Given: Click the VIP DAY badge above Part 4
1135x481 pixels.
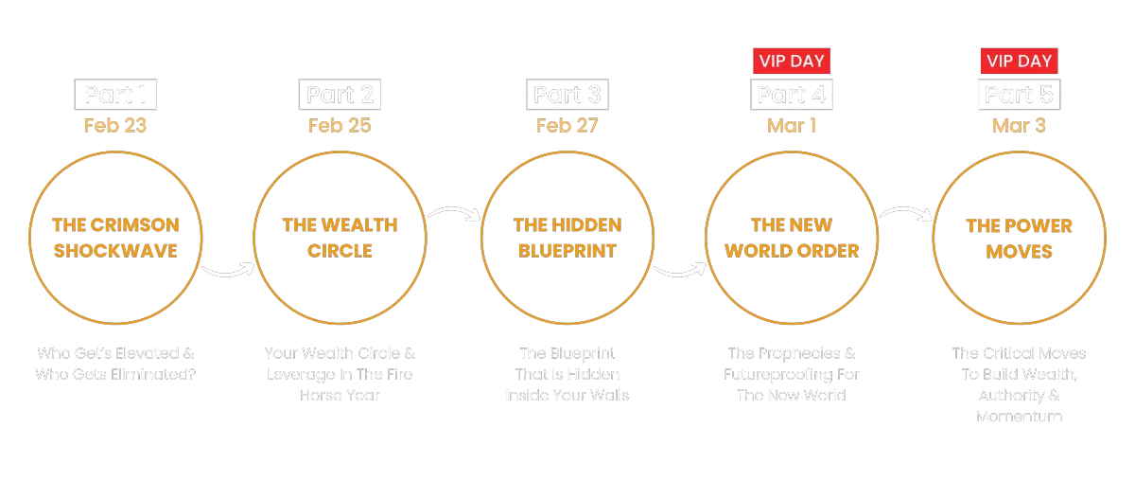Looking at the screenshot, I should click(793, 62).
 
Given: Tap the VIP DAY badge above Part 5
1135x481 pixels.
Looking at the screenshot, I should click(1019, 62).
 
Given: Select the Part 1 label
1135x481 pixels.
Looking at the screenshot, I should click(115, 95).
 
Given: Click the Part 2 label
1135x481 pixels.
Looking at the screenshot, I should click(340, 95).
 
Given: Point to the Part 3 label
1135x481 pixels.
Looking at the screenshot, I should click(567, 95).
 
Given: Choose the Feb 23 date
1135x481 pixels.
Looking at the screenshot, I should click(115, 126).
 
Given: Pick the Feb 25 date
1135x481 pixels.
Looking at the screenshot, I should click(340, 126).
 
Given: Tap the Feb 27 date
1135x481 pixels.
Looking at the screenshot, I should click(567, 126).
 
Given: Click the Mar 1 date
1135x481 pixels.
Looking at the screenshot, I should click(793, 126).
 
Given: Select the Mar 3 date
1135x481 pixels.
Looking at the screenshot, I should click(1019, 126).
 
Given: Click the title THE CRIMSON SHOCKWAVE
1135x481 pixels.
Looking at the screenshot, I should click(115, 238).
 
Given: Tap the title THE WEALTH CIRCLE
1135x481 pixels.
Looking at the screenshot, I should click(340, 238).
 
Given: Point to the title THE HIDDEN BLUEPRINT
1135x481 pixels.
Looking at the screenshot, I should click(567, 238).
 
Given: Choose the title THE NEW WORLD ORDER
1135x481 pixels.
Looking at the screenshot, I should click(793, 238).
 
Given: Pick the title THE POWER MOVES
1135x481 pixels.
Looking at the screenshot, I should click(1019, 238).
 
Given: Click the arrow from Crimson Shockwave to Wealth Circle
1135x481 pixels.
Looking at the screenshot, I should click(228, 272).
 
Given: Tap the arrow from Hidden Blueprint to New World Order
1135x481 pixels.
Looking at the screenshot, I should click(680, 272).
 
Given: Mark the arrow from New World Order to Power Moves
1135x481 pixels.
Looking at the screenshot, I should click(906, 214).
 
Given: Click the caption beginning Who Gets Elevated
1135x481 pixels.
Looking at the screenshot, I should click(115, 364).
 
